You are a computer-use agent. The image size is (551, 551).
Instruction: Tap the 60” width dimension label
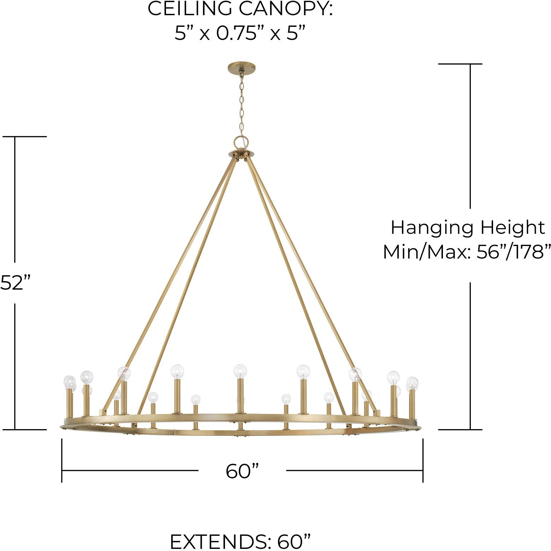point(242,471)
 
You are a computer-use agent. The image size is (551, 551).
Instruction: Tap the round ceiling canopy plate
point(242,67)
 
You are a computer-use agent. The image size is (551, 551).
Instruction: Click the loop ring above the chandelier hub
point(242,142)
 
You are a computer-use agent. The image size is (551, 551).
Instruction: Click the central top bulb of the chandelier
point(240,371)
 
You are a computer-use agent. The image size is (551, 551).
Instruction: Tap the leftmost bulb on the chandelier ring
point(69,381)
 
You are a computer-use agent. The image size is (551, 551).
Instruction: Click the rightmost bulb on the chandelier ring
point(412,382)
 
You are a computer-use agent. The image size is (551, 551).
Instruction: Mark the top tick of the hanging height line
point(460,64)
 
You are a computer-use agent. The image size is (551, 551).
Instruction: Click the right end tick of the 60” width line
point(423,460)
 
